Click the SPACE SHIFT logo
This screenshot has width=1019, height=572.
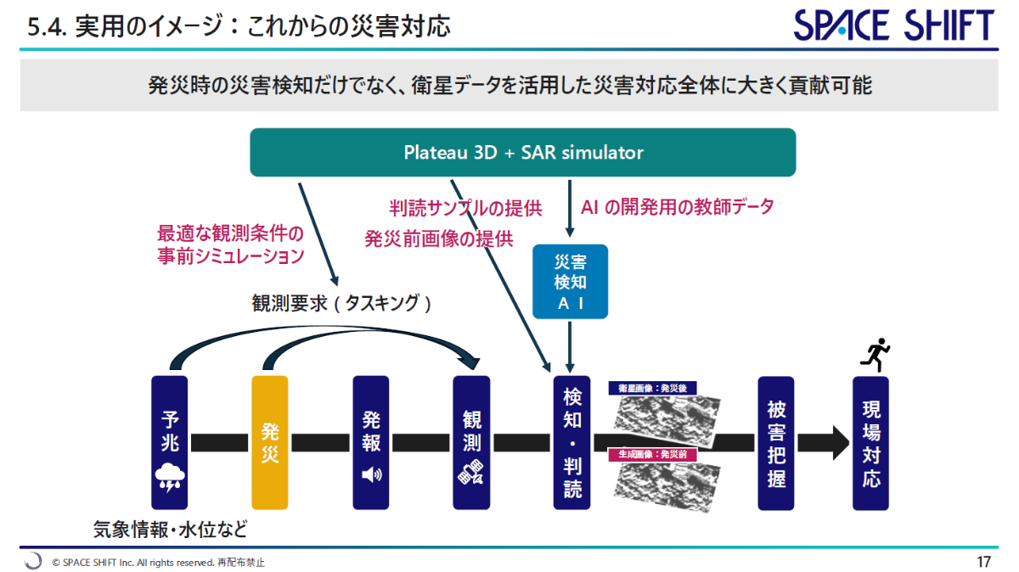(894, 25)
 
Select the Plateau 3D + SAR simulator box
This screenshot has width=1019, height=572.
(522, 153)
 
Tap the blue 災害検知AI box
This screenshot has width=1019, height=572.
(570, 282)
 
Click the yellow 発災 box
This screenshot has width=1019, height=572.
(270, 442)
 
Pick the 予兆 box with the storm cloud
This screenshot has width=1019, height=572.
(169, 442)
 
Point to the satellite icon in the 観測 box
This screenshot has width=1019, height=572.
(471, 473)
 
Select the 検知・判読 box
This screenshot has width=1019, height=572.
(571, 442)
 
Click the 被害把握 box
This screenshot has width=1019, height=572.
(775, 442)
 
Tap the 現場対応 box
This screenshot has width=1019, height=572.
(870, 442)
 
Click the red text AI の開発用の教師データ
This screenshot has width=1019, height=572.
(677, 206)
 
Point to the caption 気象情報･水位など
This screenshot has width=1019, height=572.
(170, 530)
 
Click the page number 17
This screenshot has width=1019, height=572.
(983, 562)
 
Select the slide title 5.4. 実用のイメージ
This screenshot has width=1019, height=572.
(239, 27)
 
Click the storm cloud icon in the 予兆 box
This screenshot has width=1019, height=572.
(169, 478)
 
